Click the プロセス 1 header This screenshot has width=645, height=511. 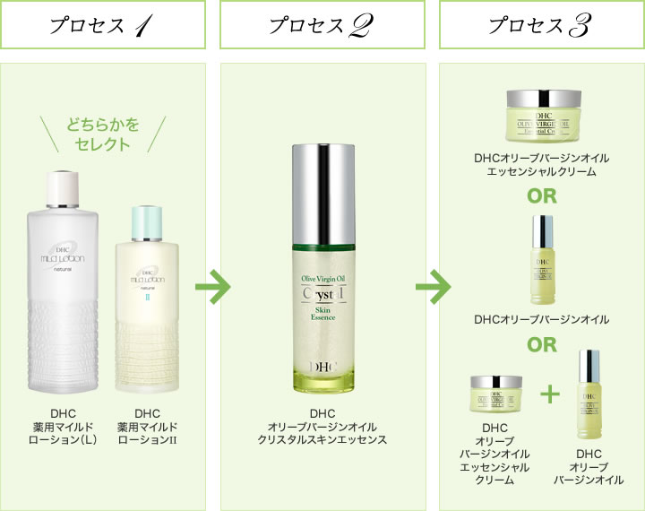point(104,23)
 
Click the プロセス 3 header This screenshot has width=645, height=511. point(540,23)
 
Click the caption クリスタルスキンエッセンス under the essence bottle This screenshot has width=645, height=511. point(322,439)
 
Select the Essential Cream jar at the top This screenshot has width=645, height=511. point(541,120)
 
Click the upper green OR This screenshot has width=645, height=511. point(541,196)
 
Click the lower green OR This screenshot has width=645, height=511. point(541,344)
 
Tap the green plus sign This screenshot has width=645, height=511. point(551,394)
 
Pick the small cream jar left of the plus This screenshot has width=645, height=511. point(494,394)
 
